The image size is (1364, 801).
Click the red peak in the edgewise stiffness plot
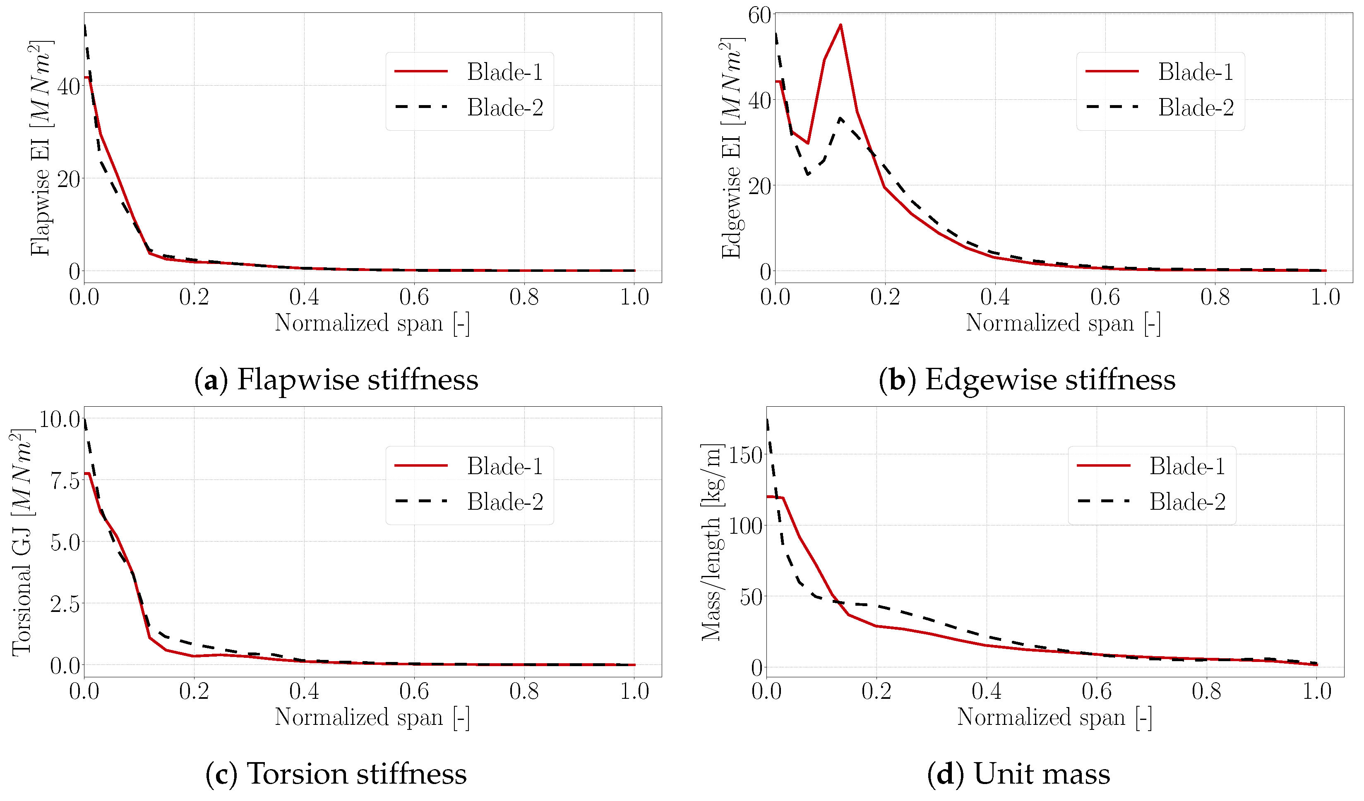click(x=840, y=25)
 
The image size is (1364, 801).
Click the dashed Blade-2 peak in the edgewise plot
click(x=840, y=118)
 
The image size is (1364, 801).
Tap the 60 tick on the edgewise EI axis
click(x=759, y=15)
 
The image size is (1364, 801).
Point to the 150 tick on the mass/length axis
click(x=745, y=455)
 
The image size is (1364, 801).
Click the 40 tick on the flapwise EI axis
click(x=68, y=86)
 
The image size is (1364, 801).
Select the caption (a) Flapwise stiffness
click(x=336, y=379)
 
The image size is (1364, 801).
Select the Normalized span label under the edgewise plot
click(x=1062, y=323)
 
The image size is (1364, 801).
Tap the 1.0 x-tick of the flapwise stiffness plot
click(x=634, y=297)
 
